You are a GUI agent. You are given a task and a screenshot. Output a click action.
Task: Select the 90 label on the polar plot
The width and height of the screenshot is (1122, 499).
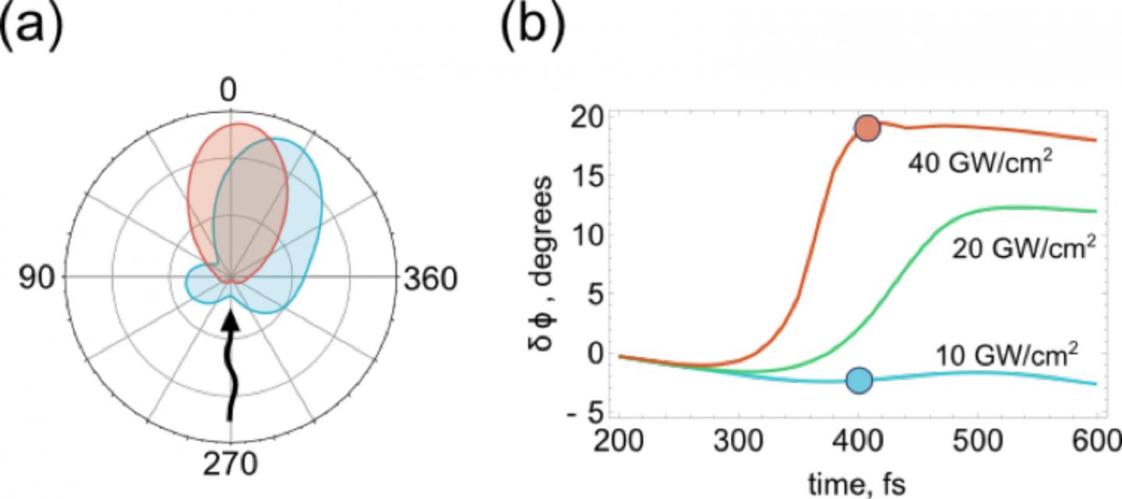pyautogui.click(x=36, y=279)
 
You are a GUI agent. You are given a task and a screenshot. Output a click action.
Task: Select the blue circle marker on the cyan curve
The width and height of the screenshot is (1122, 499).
pyautogui.click(x=859, y=380)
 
